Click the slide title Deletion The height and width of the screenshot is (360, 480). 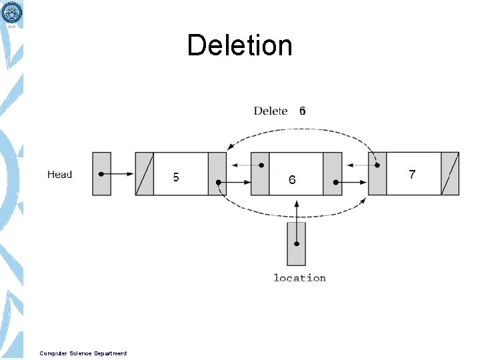pos(239,45)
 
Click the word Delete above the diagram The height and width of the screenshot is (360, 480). pos(270,111)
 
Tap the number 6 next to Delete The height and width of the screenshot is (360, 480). pos(302,111)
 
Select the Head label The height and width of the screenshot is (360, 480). pos(59,175)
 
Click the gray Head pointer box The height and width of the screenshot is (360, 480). pos(101,174)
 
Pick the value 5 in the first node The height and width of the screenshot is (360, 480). pos(176,177)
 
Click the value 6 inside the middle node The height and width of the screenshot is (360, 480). pos(292,179)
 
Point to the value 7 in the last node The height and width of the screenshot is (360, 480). pos(412,175)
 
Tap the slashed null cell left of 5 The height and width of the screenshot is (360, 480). pos(144,174)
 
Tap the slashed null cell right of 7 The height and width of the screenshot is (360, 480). pos(450,174)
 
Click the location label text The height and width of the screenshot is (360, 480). pos(299,277)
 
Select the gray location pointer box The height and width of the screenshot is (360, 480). pos(296,243)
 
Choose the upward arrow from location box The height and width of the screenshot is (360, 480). pos(296,210)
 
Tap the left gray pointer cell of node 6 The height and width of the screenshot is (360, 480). pos(260,174)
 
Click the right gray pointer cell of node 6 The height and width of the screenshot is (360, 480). pos(333,174)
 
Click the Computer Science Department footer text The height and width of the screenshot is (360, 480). pos(83,353)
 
